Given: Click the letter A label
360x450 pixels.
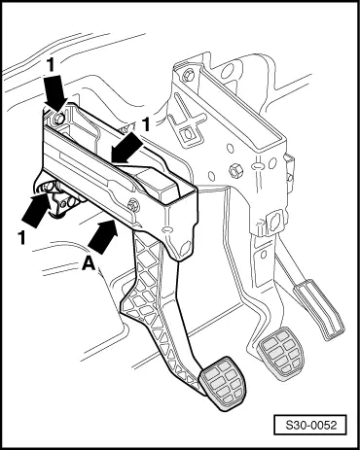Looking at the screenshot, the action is tap(89, 263).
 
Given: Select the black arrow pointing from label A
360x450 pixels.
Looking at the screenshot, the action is tap(103, 236).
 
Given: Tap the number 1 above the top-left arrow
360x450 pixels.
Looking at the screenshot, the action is tap(51, 66).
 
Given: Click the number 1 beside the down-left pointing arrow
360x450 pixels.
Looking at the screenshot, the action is tap(146, 124).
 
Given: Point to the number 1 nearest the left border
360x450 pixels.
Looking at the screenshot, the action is tap(21, 238).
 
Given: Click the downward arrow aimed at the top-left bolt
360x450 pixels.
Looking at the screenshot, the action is tap(55, 91).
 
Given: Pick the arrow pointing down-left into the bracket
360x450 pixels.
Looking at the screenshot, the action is tap(127, 150).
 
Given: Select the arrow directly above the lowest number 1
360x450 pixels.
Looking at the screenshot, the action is tap(36, 210).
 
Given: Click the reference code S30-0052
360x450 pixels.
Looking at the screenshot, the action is tap(311, 425).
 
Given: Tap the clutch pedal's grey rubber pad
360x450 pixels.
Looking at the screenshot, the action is tap(223, 383).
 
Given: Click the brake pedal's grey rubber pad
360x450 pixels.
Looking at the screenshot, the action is tap(281, 352).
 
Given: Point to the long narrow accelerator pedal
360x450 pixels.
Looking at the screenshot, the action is tap(319, 309).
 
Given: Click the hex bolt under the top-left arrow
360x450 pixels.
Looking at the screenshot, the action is tap(58, 118).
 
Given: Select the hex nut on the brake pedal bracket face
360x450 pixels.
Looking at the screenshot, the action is tap(235, 170).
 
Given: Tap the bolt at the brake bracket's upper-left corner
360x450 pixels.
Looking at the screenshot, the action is tap(189, 77).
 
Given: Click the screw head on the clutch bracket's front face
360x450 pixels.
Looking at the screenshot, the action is tap(132, 205).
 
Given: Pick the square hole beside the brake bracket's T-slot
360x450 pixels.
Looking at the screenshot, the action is tap(187, 134).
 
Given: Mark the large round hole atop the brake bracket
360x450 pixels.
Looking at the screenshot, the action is tap(229, 70).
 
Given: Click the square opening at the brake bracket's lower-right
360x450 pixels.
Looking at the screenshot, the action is tap(274, 222).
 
